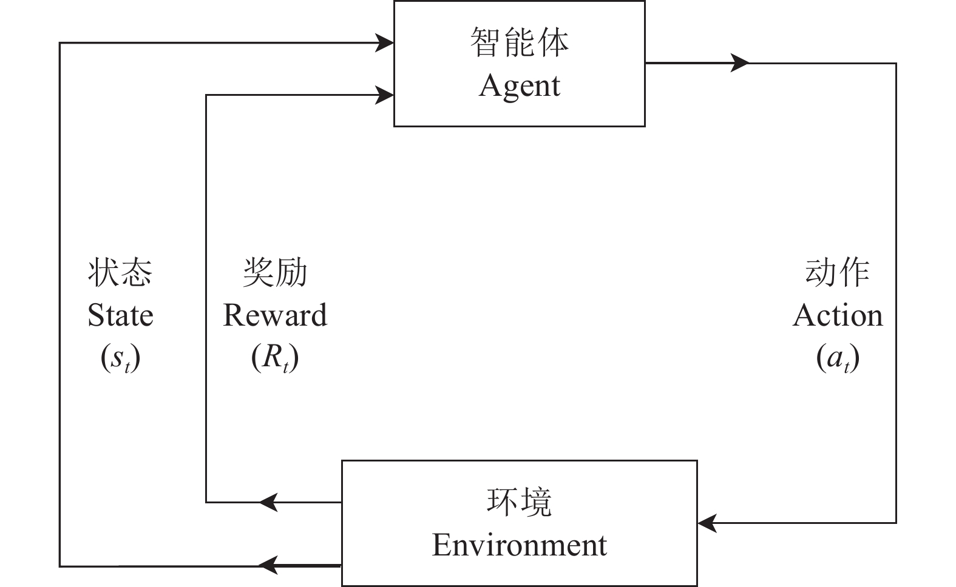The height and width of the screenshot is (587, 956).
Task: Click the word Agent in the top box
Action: point(519,86)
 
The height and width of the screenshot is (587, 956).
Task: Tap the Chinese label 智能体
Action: point(519,43)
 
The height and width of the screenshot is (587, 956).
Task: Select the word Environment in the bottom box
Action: point(519,545)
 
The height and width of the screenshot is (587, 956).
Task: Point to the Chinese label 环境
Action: point(519,503)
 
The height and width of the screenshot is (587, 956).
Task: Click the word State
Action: point(120,316)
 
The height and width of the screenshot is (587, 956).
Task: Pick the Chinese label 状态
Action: point(120,272)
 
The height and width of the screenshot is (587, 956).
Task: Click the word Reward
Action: point(275,316)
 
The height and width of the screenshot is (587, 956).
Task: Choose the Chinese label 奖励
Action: point(275,272)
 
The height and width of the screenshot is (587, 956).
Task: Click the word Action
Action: point(838,316)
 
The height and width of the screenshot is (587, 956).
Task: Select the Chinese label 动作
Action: point(838,272)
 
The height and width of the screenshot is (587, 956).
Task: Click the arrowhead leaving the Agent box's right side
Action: point(740,62)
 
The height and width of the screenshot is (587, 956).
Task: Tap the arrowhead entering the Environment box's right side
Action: point(707,523)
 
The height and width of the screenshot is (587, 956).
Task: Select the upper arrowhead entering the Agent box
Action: point(385,43)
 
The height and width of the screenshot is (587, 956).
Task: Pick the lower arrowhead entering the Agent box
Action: point(385,95)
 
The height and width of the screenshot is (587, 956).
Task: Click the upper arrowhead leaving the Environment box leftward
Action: point(269,502)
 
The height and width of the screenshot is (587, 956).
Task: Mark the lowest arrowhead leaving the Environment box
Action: point(269,565)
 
